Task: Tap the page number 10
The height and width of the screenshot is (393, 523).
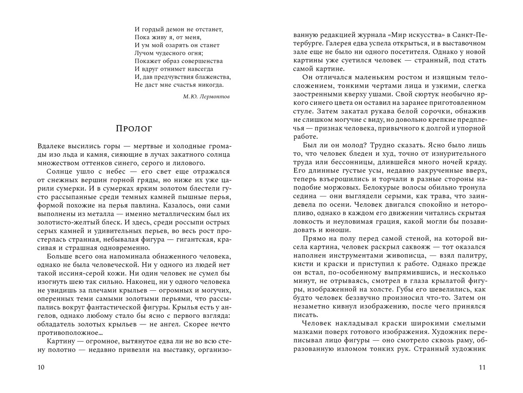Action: point(41,367)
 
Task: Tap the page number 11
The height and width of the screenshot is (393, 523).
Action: point(482,367)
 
